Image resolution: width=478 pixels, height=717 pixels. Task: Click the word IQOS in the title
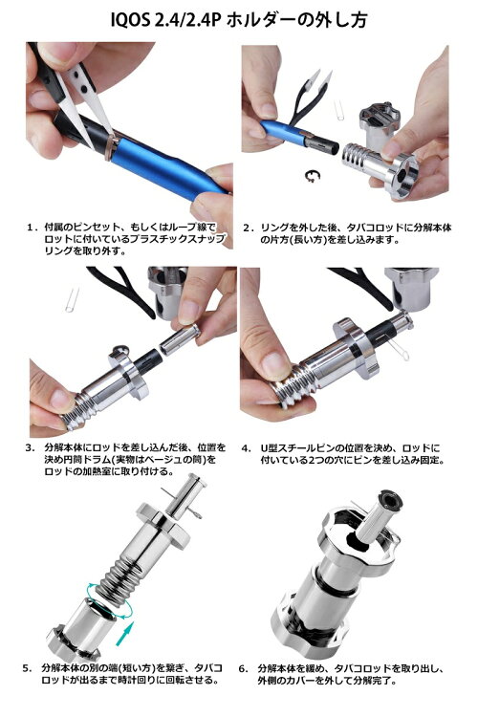(130, 21)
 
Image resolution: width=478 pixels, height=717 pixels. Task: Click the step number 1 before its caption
(31, 228)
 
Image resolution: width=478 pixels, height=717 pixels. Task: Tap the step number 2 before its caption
(248, 228)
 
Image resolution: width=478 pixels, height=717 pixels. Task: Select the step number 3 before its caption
(31, 447)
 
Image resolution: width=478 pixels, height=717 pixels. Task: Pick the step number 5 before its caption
(28, 668)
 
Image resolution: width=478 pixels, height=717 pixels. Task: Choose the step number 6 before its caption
(244, 668)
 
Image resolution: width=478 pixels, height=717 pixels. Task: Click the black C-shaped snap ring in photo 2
(313, 175)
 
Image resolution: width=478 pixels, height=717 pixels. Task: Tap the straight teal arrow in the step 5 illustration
(124, 633)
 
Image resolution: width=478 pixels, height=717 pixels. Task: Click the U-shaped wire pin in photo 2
(338, 110)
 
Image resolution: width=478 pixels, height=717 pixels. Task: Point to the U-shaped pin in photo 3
(72, 299)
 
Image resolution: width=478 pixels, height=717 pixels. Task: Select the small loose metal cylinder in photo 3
(180, 339)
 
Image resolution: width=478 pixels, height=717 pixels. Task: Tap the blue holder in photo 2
(284, 133)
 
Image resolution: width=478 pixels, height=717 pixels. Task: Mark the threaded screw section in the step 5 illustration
(120, 577)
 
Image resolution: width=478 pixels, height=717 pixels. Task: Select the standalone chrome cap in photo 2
(378, 121)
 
